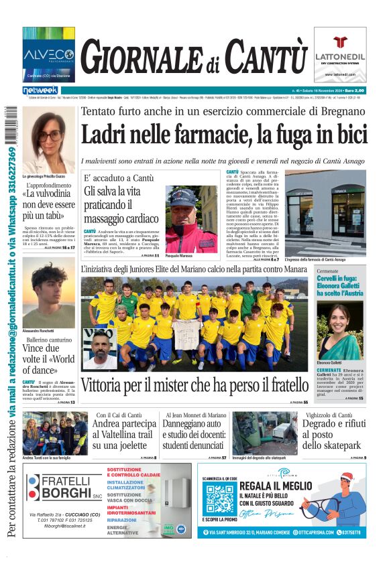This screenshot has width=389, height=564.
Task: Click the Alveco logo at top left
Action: click(x=48, y=54)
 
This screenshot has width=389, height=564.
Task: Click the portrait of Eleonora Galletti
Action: click(x=340, y=332)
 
